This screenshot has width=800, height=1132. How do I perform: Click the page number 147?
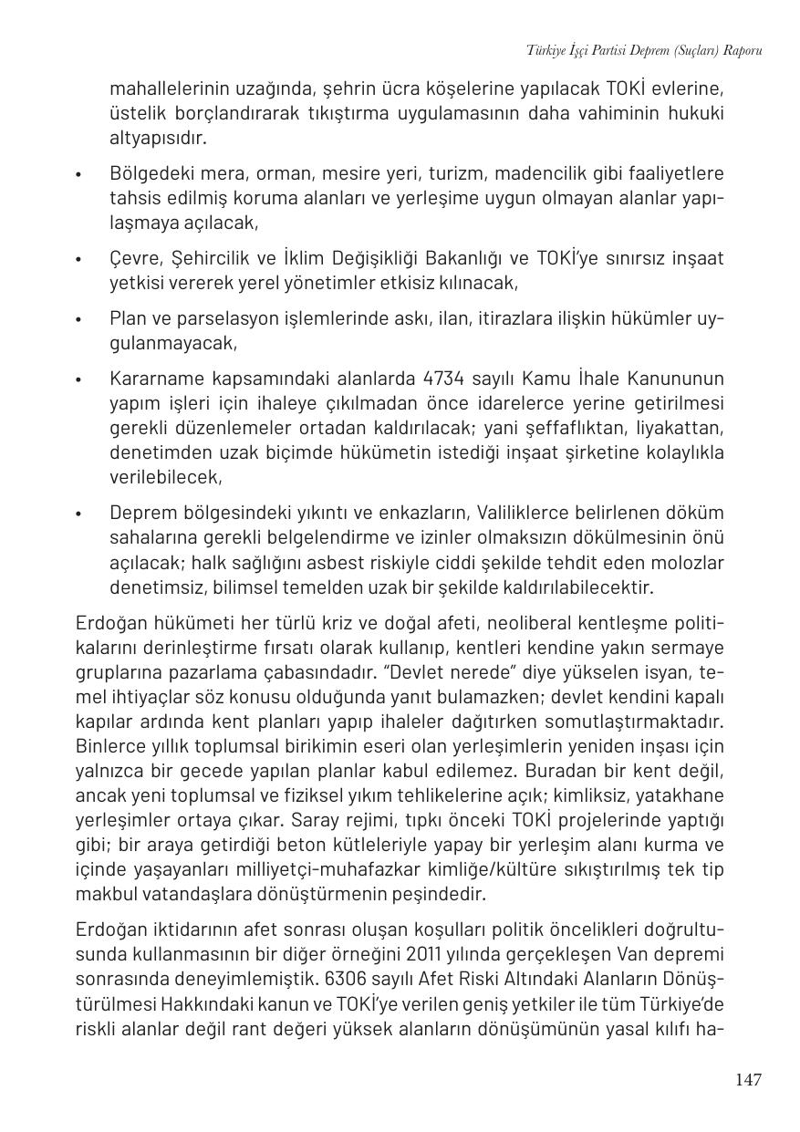pyautogui.click(x=747, y=1080)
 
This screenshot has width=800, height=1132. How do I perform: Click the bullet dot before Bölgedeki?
pyautogui.click(x=80, y=174)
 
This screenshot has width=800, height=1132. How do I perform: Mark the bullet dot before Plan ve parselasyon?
pyautogui.click(x=80, y=320)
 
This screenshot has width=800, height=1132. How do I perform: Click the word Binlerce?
pyautogui.click(x=110, y=746)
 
